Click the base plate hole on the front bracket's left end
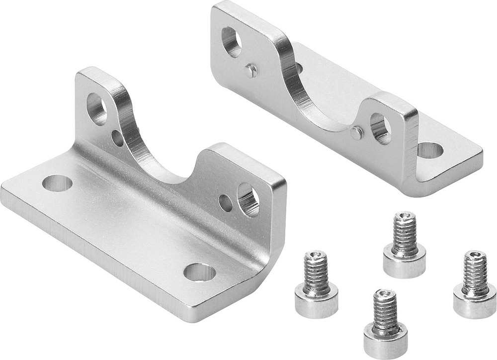pyautogui.click(x=57, y=183)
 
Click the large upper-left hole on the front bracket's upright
pyautogui.click(x=96, y=109)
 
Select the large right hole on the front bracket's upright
pyautogui.click(x=248, y=199)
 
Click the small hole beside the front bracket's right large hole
pyautogui.click(x=225, y=203)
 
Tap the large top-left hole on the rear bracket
pyautogui.click(x=231, y=42)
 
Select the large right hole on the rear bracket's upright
pyautogui.click(x=380, y=129)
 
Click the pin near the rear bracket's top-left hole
pyautogui.click(x=251, y=71)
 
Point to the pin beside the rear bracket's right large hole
pyautogui.click(x=356, y=133)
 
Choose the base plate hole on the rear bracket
pyautogui.click(x=430, y=150)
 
